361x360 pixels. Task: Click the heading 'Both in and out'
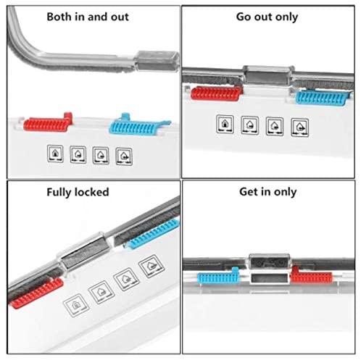click(88, 17)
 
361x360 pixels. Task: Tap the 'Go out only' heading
click(267, 17)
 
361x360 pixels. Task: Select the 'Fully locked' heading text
click(78, 192)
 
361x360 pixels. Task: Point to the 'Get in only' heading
click(268, 192)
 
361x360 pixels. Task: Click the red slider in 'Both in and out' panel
click(48, 122)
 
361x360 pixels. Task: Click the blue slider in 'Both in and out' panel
click(139, 125)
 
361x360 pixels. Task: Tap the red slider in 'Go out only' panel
click(217, 93)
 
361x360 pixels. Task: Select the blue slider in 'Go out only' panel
click(322, 98)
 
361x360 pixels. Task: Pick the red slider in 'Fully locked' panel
click(37, 293)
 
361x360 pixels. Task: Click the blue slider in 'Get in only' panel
click(218, 276)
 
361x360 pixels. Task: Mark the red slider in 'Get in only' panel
click(311, 275)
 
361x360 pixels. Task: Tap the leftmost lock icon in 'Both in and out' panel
click(55, 154)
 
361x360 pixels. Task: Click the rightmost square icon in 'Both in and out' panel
click(124, 156)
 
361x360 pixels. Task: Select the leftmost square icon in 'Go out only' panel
click(225, 124)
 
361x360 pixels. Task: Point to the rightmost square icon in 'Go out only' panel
click(299, 127)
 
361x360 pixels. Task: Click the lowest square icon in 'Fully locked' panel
click(76, 306)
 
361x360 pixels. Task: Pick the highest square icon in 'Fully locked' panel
click(152, 267)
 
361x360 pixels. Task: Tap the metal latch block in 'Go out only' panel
click(268, 75)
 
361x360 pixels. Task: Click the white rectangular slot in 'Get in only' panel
click(270, 278)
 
